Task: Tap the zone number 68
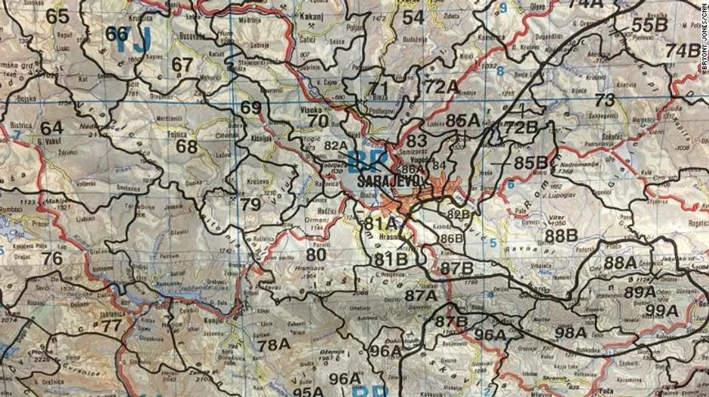[187, 146]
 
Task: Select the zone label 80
[316, 255]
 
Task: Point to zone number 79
[250, 204]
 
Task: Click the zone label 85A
[462, 120]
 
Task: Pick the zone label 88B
[561, 235]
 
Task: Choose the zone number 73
[605, 100]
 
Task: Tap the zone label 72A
[441, 86]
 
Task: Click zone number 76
[52, 258]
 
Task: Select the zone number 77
[111, 326]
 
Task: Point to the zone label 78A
[273, 344]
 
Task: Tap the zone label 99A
[662, 310]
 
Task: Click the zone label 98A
[570, 331]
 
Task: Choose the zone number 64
[52, 128]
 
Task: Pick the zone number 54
[413, 17]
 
